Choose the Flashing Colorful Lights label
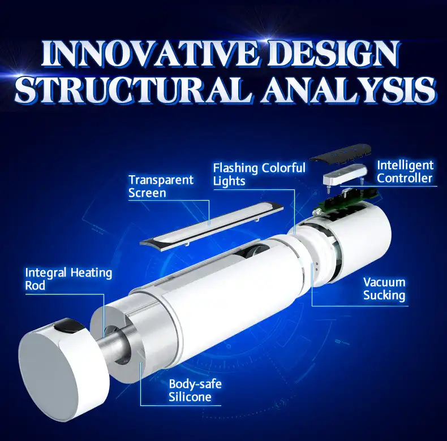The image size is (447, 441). click(259, 174)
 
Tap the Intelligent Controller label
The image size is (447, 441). click(405, 172)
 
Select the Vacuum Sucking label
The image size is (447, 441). click(384, 288)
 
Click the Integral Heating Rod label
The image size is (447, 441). click(68, 279)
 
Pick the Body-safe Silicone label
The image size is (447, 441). click(195, 391)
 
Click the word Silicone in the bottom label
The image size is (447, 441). click(190, 397)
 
